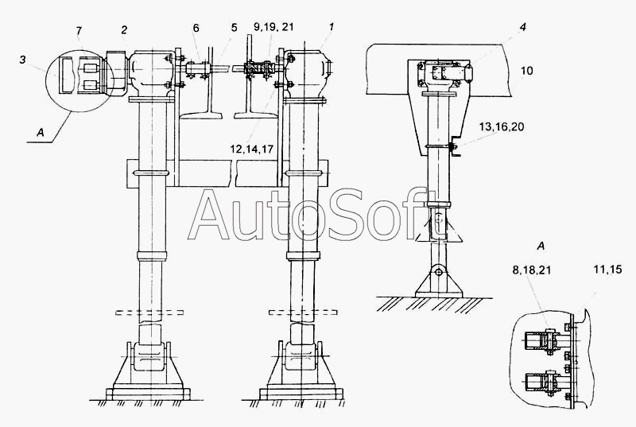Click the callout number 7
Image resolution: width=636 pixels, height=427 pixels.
coord(79,31)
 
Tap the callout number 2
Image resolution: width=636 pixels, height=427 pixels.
coord(124,30)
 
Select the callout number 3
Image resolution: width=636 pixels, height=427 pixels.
coord(22,60)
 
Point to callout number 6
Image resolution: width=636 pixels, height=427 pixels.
coord(196,28)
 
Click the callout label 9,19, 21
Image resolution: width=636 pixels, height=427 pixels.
coord(234,28)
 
